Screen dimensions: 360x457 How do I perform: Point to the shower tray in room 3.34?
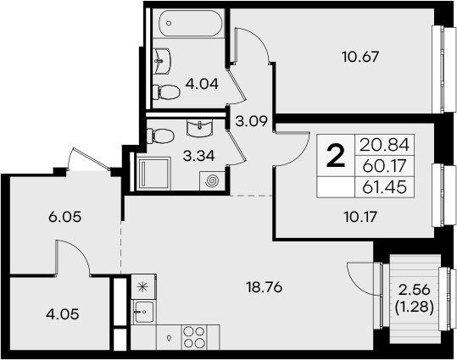pos(155,175)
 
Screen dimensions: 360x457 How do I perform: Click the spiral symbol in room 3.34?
pos(211,180)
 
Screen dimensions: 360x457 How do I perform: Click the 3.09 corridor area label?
pos(252,121)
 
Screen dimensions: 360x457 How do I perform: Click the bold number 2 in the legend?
pos(337,156)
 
